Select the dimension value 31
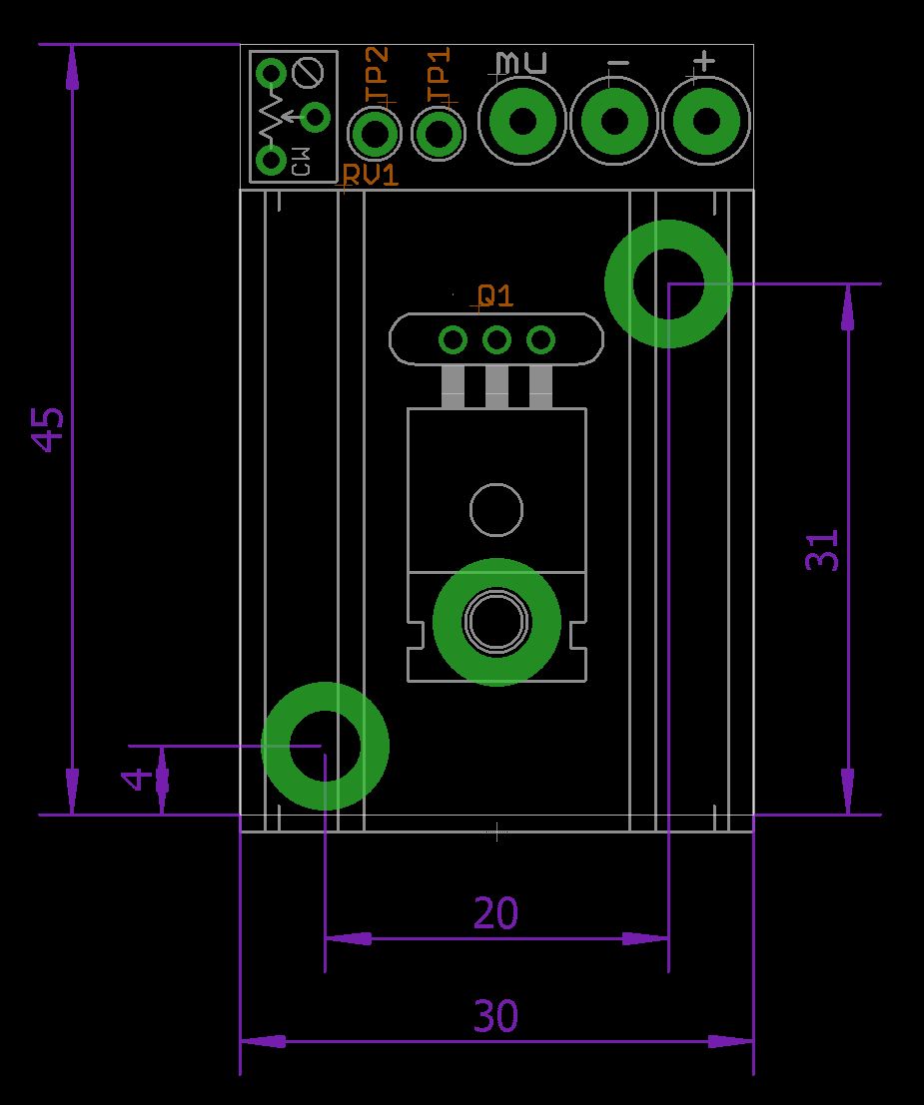coord(823,549)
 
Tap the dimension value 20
coord(496,913)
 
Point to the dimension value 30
coord(496,1017)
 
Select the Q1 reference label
coord(495,295)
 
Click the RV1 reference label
coord(371,176)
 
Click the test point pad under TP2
coord(375,133)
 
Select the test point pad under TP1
coord(439,133)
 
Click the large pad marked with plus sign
coord(705,122)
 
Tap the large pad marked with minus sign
coord(613,122)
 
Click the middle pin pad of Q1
coord(496,340)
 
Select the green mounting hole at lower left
coord(325,745)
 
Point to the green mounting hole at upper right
coord(668,283)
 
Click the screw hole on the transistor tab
coord(496,622)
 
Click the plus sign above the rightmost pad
coord(704,62)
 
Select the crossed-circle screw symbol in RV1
coord(309,73)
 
